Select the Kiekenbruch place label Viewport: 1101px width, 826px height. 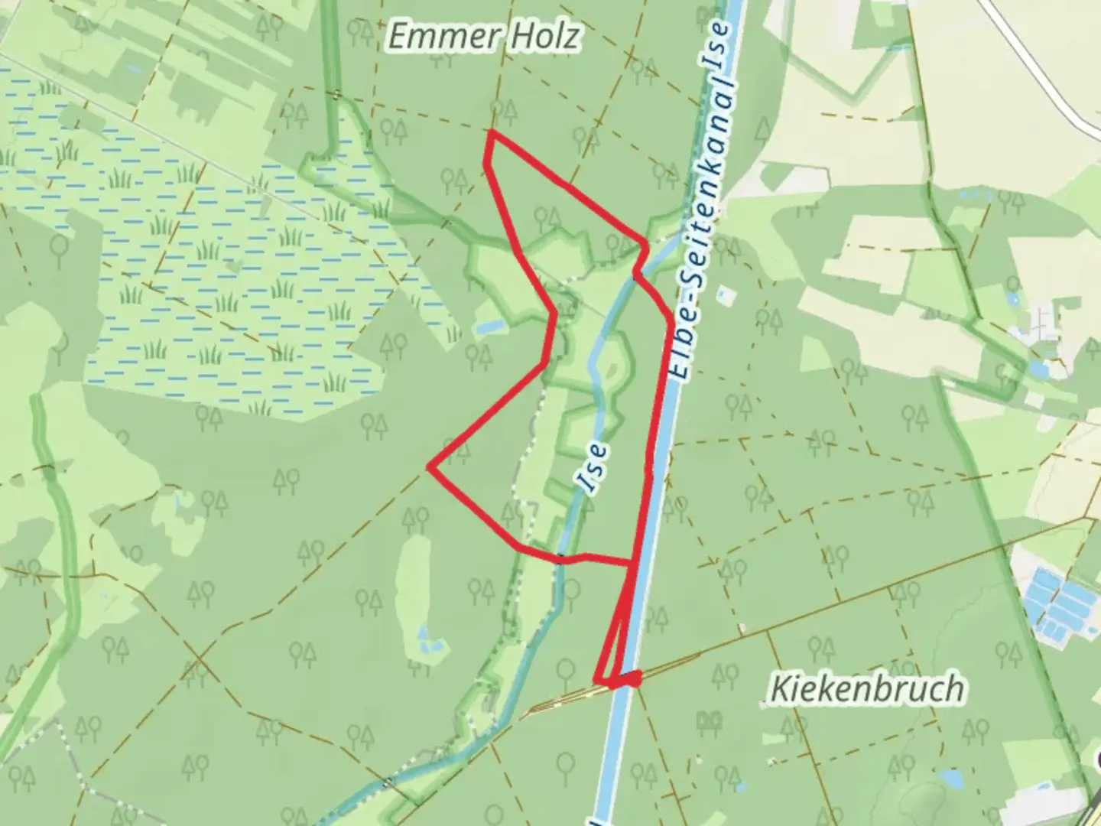point(866,689)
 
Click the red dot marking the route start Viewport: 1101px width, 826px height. point(634,677)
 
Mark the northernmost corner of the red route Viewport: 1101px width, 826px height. point(492,133)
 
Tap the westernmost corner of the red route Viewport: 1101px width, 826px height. point(431,467)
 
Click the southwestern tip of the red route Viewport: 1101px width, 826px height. point(596,680)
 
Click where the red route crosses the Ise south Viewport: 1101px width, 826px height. point(562,558)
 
